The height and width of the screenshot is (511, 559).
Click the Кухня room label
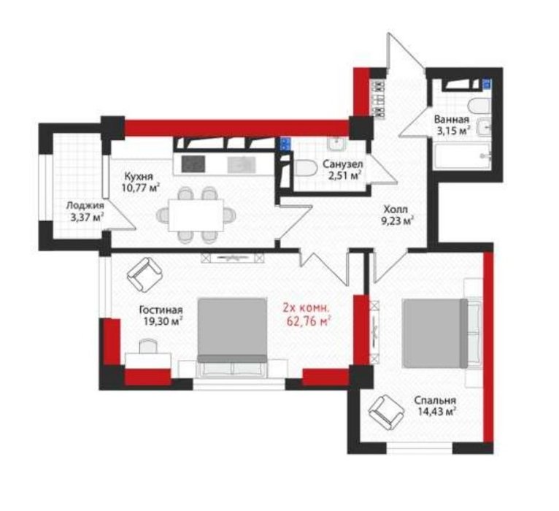139,177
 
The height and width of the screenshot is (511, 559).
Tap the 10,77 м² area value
140,187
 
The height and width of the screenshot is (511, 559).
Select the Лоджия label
85,206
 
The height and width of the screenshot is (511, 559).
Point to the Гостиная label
161,310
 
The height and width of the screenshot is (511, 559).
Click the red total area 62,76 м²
307,321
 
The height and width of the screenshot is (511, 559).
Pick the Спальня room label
435,401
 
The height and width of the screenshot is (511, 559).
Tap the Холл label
396,210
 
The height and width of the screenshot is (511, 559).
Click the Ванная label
451,120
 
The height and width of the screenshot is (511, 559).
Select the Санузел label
342,164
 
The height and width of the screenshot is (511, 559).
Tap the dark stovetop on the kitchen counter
193,164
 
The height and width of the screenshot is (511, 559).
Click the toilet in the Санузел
306,168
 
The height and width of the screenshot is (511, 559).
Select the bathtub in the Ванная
463,155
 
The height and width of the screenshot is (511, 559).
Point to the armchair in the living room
144,274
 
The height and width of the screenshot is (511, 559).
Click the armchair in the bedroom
387,412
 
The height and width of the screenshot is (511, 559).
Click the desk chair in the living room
148,345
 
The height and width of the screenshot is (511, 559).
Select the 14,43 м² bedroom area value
437,412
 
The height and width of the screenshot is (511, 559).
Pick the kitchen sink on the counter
242,164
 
